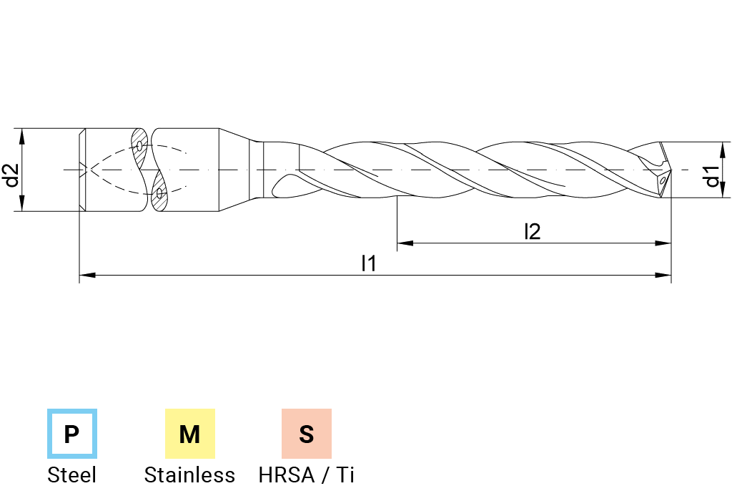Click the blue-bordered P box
point(71,434)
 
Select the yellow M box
point(189,434)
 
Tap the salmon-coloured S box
point(306,434)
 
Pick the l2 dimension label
point(532,231)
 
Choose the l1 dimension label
point(367,263)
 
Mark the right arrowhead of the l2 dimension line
point(666,243)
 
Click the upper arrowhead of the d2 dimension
point(21,135)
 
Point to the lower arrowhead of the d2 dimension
point(21,205)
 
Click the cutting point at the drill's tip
point(671,170)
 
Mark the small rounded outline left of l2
point(457,231)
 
